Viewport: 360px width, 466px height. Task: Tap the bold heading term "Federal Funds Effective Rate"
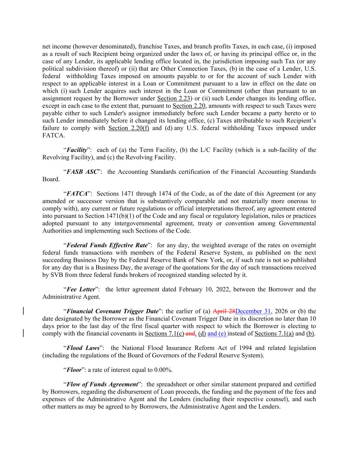pyautogui.click(x=107, y=245)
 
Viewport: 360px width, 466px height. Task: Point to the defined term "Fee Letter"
pyautogui.click(x=81, y=289)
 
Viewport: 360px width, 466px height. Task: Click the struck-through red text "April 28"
pyautogui.click(x=224, y=311)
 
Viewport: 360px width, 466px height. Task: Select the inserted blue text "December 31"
pyautogui.click(x=253, y=311)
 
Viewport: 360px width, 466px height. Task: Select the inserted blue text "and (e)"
pyautogui.click(x=217, y=334)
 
